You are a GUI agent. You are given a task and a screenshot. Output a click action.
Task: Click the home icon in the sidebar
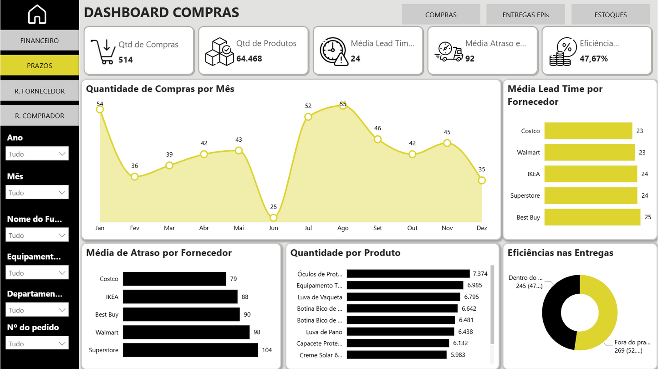click(x=37, y=15)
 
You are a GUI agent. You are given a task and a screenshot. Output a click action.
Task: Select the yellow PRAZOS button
click(x=40, y=66)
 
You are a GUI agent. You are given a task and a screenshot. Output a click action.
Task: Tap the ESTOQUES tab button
click(x=610, y=15)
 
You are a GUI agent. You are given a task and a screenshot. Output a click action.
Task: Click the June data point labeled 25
click(x=273, y=218)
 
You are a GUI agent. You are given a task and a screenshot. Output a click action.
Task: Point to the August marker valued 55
click(x=343, y=105)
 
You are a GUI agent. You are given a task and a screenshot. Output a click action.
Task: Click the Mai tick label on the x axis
click(x=239, y=228)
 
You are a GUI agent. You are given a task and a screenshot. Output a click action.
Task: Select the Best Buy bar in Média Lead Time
click(x=592, y=217)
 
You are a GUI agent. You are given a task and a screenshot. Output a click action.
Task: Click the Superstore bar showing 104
click(x=190, y=350)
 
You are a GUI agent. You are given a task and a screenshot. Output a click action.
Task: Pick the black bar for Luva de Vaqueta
click(x=403, y=297)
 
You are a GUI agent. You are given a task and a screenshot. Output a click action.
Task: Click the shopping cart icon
click(x=103, y=51)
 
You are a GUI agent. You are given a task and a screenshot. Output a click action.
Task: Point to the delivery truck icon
click(x=449, y=51)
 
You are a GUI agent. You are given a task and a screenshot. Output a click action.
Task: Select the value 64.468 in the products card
click(x=249, y=59)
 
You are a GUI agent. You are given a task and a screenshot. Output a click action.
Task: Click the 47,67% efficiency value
click(x=593, y=59)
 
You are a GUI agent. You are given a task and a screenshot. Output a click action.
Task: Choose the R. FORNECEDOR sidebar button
click(x=40, y=91)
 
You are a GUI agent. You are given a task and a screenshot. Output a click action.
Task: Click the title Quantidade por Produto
click(x=345, y=253)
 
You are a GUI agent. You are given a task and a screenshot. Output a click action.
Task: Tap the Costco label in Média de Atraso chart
click(x=109, y=279)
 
